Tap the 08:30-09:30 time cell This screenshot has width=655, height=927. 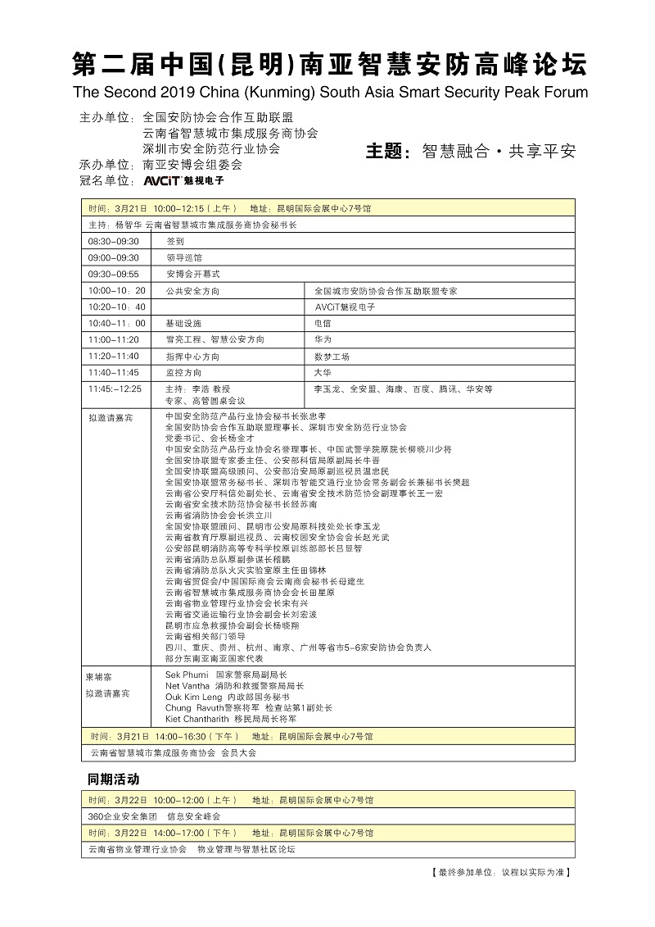(114, 242)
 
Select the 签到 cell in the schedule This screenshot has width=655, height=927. (174, 242)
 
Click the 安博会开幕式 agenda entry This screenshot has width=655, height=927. (192, 275)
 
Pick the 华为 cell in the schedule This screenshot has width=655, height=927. (323, 339)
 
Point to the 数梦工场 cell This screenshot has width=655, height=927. (332, 357)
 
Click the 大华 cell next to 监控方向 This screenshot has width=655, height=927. (323, 373)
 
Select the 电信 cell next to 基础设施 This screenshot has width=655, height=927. (323, 324)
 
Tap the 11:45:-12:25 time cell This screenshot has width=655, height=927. (115, 389)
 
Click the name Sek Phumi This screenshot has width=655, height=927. (187, 674)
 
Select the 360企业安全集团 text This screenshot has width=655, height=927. (122, 816)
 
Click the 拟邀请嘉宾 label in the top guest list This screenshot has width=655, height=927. (110, 418)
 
